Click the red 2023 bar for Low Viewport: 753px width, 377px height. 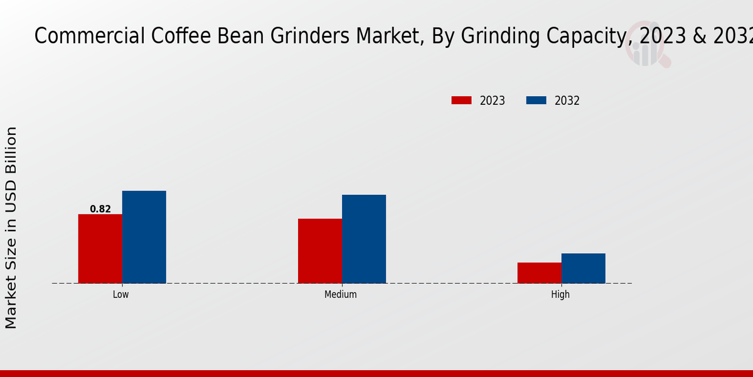point(100,249)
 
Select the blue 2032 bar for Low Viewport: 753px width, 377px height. point(144,237)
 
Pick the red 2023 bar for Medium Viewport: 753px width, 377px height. point(320,251)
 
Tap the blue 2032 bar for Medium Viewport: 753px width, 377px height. point(364,239)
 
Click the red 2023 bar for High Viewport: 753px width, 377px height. point(540,273)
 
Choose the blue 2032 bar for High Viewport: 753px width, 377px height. point(584,268)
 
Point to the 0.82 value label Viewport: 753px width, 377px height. point(100,209)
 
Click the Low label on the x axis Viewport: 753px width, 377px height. point(121,294)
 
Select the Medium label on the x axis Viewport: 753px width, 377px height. point(341,294)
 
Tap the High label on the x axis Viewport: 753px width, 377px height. point(560,294)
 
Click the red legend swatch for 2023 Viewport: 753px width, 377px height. point(461,101)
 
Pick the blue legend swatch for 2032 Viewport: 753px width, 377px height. point(536,101)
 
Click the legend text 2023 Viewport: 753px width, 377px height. point(493,101)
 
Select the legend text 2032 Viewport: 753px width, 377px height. point(567,101)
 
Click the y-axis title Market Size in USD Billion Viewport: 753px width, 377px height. point(11,227)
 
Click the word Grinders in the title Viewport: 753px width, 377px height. point(310,36)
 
